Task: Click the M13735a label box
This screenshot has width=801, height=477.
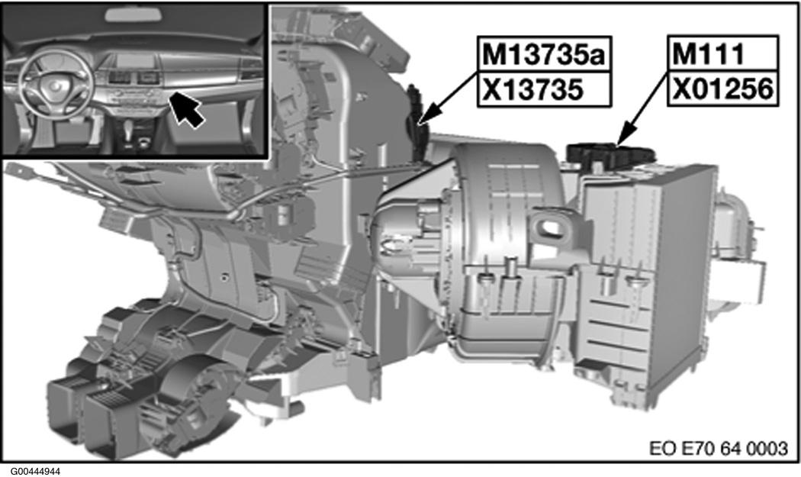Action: pos(544,54)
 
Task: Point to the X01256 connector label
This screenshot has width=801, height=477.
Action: pos(722,89)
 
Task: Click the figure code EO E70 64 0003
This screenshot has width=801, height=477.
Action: pos(719,448)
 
